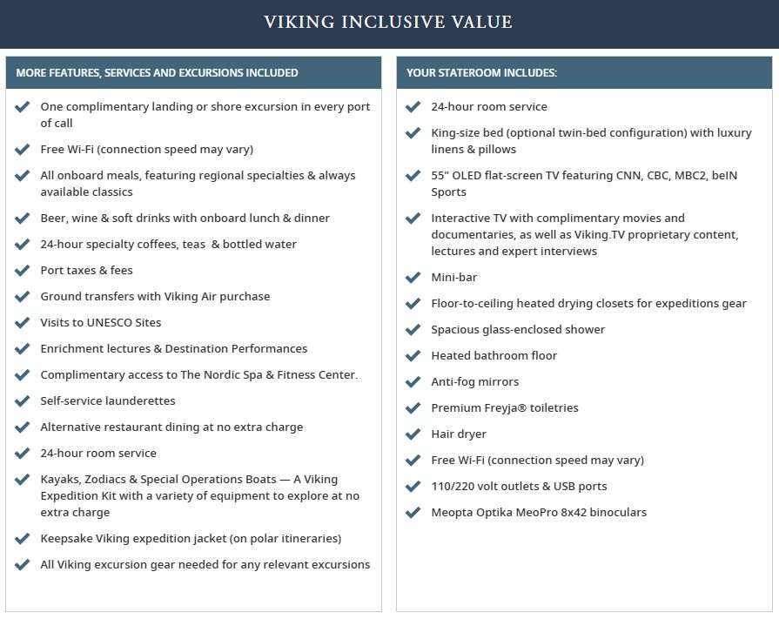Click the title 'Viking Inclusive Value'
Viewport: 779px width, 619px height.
tap(388, 22)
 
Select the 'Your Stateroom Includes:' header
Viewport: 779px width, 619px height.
tap(481, 73)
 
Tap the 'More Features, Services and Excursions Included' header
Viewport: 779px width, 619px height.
tap(157, 73)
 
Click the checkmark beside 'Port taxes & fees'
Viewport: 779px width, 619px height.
tap(23, 271)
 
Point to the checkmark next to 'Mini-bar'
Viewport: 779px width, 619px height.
tap(413, 278)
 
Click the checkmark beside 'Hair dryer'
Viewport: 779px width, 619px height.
tap(413, 434)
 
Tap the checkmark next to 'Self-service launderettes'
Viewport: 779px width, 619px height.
tap(23, 401)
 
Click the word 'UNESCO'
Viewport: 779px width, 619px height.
tap(110, 323)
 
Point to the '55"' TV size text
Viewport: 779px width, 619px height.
tap(440, 176)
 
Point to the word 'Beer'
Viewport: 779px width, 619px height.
tap(54, 219)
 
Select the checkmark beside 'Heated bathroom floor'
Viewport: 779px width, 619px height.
tap(413, 356)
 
